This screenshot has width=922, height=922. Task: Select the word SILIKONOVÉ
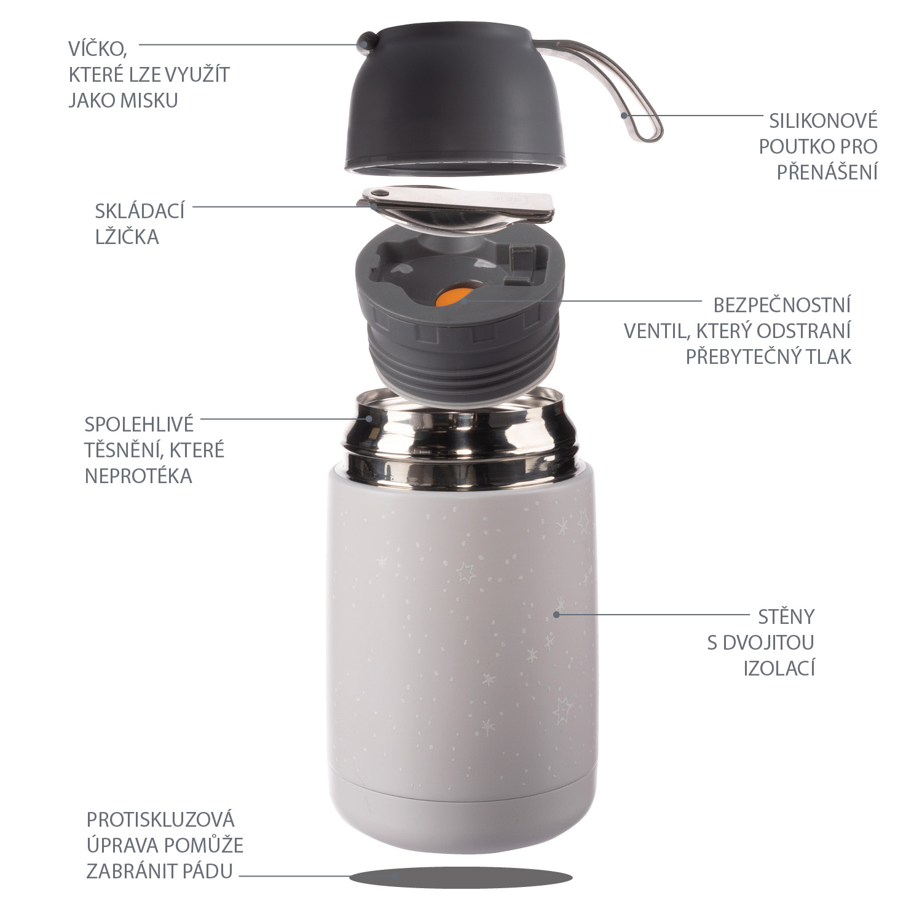(823, 120)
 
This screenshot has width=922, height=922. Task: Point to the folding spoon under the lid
(458, 209)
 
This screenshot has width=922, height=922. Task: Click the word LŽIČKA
(127, 237)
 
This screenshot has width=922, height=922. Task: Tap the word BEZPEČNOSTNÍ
(782, 305)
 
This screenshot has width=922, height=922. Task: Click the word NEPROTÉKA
(138, 476)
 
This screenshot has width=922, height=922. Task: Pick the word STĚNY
(786, 616)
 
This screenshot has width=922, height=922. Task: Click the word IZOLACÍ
(779, 668)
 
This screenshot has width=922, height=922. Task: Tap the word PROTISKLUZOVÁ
(160, 819)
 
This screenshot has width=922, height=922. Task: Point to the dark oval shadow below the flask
(461, 878)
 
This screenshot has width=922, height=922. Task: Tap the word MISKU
(150, 100)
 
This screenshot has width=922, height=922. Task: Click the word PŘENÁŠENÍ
(826, 172)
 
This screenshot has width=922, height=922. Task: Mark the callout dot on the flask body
(556, 613)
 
